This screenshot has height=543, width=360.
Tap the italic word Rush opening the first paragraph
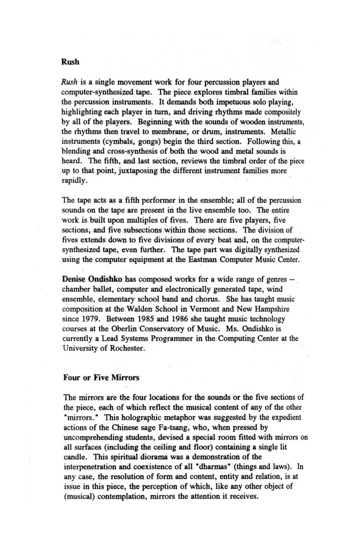click(69, 81)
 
